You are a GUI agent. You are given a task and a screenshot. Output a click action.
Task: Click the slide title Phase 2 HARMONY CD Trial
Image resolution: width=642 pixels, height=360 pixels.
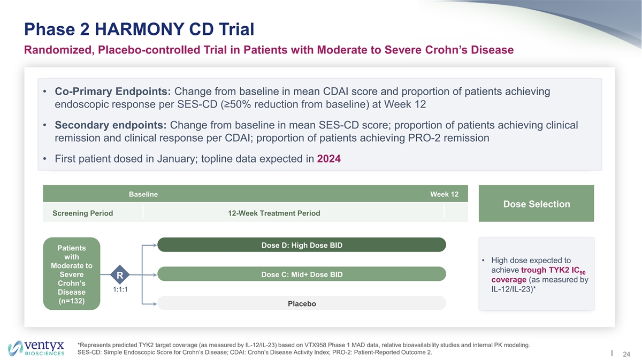(139, 29)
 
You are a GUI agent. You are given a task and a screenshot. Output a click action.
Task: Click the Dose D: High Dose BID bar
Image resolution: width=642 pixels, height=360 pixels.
(302, 245)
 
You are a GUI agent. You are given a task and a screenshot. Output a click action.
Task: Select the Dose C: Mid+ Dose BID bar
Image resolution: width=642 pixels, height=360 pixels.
(302, 274)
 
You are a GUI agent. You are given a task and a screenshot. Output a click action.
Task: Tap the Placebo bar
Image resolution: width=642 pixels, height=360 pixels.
(302, 303)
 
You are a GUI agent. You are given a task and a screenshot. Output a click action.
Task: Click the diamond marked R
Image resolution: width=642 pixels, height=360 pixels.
(120, 275)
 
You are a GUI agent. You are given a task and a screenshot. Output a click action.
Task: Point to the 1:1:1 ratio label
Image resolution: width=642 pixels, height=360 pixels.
(120, 289)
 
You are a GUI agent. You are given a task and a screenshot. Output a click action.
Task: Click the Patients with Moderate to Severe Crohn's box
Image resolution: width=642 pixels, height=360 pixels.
(72, 274)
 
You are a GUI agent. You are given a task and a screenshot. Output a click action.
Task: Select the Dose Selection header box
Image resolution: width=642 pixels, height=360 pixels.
(536, 203)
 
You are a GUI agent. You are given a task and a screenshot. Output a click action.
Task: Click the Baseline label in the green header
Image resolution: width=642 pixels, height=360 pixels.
(143, 194)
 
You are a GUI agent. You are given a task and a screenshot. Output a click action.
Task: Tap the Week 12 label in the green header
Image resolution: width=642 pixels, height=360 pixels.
(444, 194)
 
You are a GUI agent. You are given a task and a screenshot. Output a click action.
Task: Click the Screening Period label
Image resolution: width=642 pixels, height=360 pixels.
(82, 213)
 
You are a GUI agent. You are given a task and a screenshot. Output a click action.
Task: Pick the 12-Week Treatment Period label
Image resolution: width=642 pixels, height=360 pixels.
(274, 213)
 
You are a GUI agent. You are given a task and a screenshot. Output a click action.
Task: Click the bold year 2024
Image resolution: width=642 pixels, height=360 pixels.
(328, 158)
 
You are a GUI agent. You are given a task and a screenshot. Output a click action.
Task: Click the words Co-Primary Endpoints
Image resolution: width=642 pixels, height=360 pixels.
(113, 91)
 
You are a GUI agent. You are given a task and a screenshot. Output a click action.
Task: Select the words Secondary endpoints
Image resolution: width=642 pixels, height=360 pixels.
(111, 125)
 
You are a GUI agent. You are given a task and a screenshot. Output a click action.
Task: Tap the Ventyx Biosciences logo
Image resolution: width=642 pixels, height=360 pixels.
(36, 348)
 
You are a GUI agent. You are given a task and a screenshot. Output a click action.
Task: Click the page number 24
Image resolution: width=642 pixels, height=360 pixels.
(626, 354)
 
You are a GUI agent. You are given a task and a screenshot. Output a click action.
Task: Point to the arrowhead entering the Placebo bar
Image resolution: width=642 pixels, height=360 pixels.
(154, 304)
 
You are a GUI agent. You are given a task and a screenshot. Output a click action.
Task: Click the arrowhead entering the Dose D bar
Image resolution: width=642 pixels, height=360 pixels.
(154, 245)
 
